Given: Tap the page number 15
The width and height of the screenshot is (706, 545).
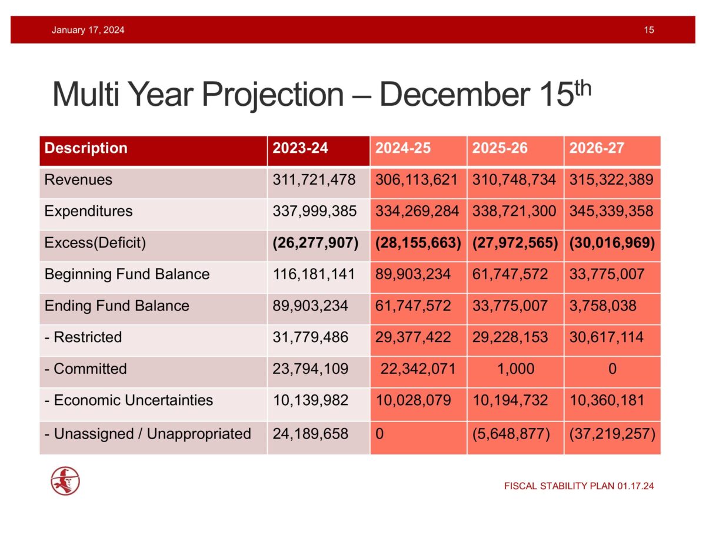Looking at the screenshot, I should coord(649,30).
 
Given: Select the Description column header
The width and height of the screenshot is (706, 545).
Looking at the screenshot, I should coord(86,148).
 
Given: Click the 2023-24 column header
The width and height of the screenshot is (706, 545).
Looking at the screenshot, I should coord(300,148).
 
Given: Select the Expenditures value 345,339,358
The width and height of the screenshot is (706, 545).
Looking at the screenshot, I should coord(611,211).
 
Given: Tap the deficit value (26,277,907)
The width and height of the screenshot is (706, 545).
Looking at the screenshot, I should coord(315,243).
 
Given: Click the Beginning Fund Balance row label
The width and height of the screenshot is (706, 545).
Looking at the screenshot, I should coord(127,274).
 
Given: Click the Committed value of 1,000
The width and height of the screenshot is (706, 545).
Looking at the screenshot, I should coord(515,369).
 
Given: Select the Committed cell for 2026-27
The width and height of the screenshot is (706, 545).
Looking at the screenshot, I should coord(612,369).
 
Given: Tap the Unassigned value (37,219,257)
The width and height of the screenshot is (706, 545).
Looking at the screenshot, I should coord(611,434).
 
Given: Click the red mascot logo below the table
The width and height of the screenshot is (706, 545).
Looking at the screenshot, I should coord(65,481).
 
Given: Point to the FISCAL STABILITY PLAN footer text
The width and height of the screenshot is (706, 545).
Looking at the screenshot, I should coord(579,486).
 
